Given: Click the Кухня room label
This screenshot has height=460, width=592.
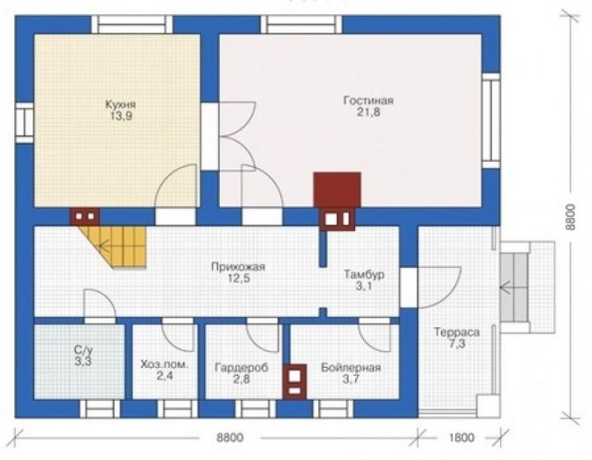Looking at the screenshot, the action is [120, 104].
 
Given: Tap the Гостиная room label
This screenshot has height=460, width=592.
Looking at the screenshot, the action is [368, 101].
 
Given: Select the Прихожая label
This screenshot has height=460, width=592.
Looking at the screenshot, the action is [239, 267].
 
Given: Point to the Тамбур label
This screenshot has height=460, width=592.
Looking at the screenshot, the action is [364, 274].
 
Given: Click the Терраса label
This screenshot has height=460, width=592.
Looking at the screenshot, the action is [457, 333].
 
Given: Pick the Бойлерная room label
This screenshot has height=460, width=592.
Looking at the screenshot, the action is [351, 367].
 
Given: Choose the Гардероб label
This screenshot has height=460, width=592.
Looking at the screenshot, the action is [241, 367].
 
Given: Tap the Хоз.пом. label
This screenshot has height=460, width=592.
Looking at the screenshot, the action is [164, 364].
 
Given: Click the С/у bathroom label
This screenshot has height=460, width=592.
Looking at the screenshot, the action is [83, 349].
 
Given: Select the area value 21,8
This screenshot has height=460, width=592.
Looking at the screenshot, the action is [368, 112].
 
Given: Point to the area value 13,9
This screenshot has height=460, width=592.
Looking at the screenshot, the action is [121, 116].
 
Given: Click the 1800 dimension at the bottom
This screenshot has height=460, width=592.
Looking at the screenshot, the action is [462, 438].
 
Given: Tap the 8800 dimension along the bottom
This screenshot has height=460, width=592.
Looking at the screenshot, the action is [230, 438].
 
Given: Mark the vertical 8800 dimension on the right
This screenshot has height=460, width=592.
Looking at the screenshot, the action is [570, 217].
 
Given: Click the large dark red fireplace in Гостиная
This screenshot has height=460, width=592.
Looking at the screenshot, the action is [338, 189].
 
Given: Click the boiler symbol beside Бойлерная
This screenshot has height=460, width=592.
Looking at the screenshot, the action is [295, 382].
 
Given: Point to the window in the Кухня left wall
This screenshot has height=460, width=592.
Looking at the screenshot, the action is [24, 123].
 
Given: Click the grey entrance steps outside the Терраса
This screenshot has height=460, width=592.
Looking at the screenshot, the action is [514, 287].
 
